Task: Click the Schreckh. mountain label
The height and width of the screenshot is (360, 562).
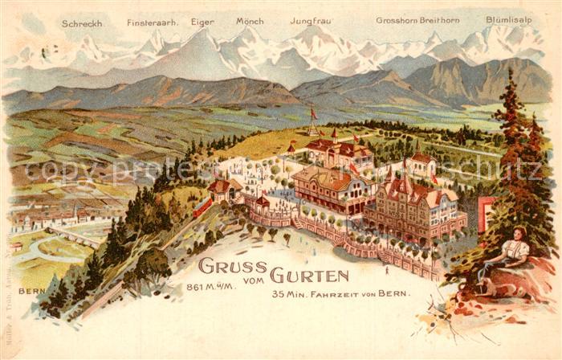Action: pos(82,23)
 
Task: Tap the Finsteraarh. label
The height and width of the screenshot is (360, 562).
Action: pos(153,23)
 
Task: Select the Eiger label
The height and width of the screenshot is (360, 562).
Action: pos(202,22)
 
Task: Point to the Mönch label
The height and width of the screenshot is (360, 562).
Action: pos(250,22)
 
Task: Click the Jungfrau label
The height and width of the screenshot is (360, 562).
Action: pos(310,22)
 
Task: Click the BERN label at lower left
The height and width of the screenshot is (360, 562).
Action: pos(31,290)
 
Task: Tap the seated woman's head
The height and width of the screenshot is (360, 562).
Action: pos(519,234)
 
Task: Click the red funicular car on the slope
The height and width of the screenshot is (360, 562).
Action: pos(202,207)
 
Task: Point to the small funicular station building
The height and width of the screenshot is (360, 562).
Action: pos(224,190)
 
